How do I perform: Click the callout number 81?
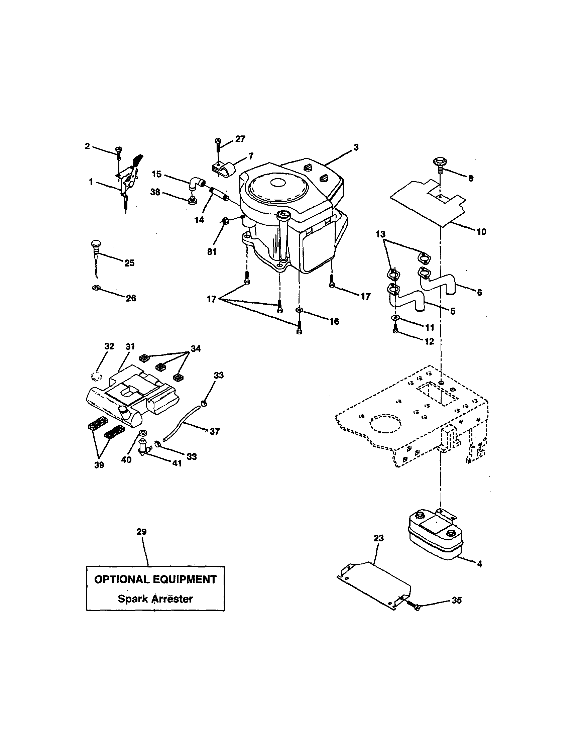pos(212,252)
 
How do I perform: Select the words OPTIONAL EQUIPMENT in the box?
pos(155,579)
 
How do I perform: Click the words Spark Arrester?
pos(155,599)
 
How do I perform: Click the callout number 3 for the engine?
pos(356,147)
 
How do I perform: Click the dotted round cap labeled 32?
pos(97,377)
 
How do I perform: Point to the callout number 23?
pos(378,538)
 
